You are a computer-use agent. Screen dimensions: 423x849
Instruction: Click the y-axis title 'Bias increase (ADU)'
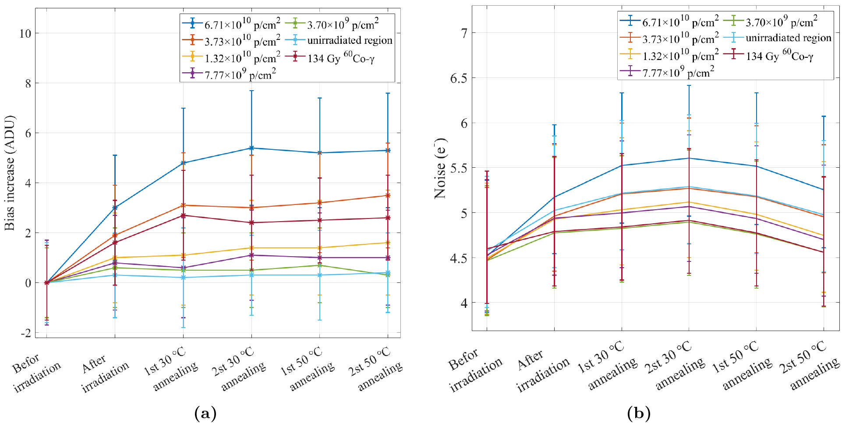[x=10, y=173]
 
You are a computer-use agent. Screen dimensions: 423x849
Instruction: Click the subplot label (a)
[x=205, y=413]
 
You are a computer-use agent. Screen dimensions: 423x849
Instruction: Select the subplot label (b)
[x=639, y=413]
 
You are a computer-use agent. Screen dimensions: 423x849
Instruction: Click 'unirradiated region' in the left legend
[x=350, y=41]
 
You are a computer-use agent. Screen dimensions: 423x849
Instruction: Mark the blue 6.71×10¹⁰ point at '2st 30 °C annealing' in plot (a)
[x=251, y=148]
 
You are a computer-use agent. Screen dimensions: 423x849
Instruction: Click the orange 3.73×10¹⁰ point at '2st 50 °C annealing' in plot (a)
[x=388, y=195]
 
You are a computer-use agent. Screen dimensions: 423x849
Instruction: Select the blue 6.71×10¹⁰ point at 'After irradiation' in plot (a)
[x=115, y=208]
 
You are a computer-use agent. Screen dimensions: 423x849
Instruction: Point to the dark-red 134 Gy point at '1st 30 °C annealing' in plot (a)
[x=183, y=215]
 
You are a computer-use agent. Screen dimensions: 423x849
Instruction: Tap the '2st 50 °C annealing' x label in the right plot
[x=810, y=366]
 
